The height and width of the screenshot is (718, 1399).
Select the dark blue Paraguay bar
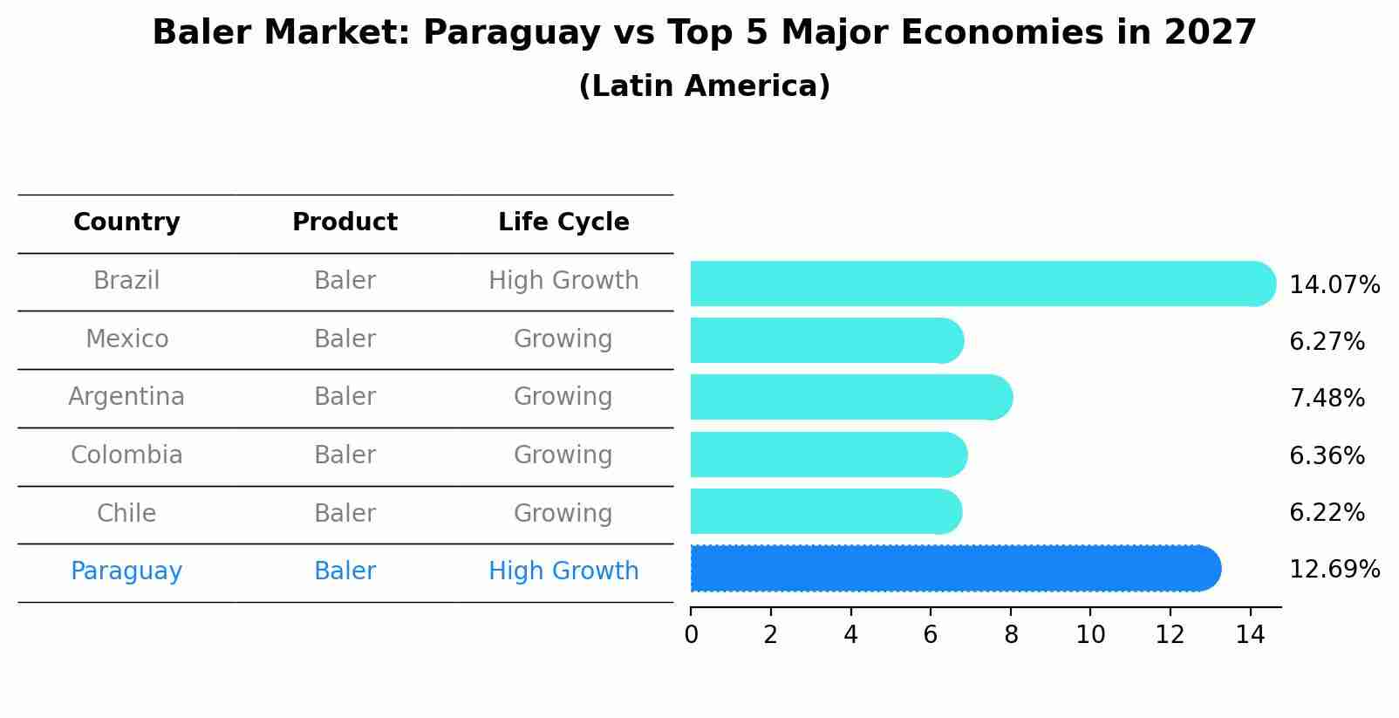coord(951,569)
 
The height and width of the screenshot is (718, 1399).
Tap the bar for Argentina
coord(846,398)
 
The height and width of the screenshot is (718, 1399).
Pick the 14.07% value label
coord(1334,285)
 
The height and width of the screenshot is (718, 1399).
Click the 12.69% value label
coord(1334,570)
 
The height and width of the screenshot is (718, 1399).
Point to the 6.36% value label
coord(1326,456)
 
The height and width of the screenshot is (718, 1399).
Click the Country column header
coord(126,222)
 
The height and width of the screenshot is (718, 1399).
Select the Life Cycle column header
coord(563,222)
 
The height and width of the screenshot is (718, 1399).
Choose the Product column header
coord(345,222)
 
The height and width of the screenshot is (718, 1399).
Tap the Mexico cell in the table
coord(126,339)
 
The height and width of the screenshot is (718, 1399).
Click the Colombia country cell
coord(126,455)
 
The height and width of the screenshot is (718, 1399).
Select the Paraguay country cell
coord(126,571)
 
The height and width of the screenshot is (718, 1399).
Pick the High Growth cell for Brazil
coord(563,281)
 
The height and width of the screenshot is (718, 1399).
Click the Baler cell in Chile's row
coord(345,514)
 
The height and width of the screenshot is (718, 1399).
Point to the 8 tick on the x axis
coord(1011,635)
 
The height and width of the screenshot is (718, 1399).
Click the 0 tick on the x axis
coord(691,635)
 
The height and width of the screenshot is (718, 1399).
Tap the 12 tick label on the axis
coord(1170,635)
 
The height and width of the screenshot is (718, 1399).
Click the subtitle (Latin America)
coord(704,86)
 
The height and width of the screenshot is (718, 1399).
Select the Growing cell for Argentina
coord(563,397)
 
